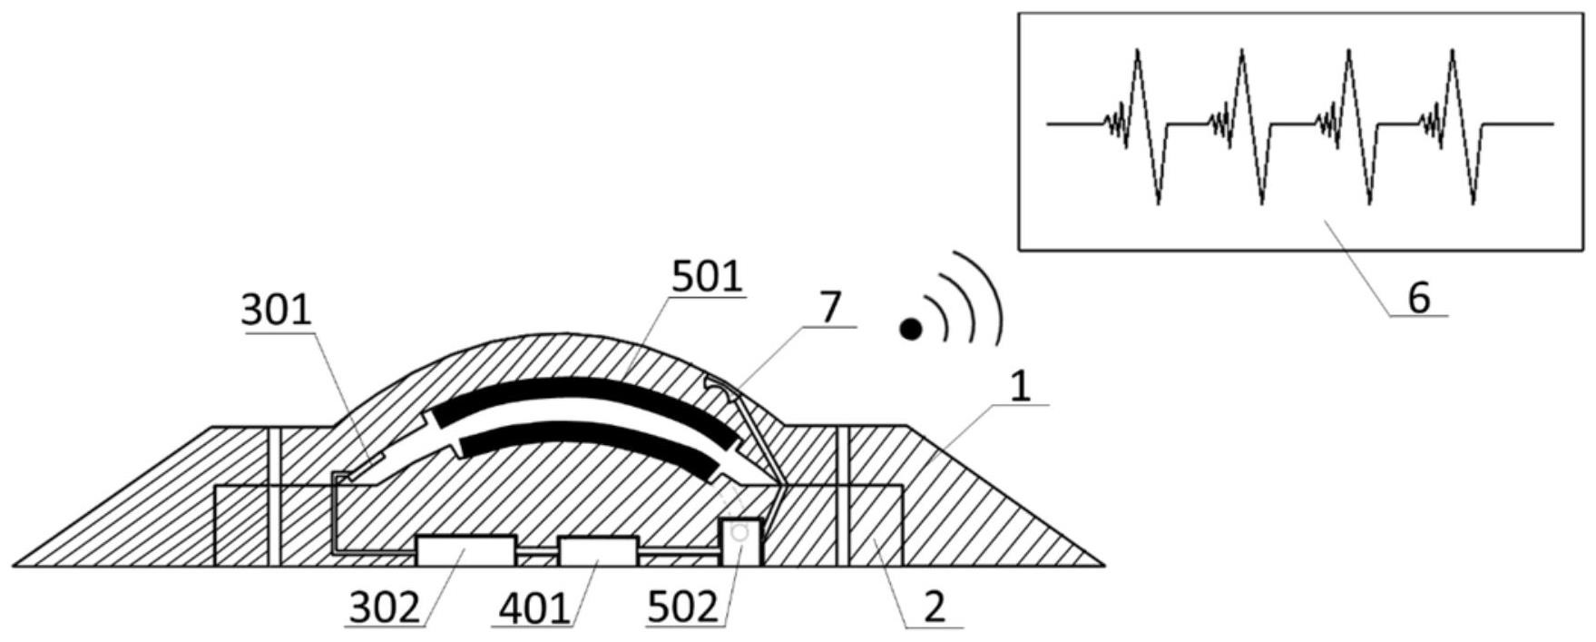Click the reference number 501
(x=707, y=276)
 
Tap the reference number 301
(x=276, y=311)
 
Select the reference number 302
(x=385, y=608)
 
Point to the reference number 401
(x=534, y=608)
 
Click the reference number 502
(x=683, y=608)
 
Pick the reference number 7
(x=830, y=309)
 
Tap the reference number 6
(x=1419, y=297)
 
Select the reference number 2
(x=935, y=607)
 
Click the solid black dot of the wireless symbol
(x=910, y=329)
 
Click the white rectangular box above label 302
(x=465, y=550)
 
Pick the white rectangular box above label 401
(x=598, y=551)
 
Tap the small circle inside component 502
(x=739, y=535)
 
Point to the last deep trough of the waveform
(x=1472, y=200)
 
